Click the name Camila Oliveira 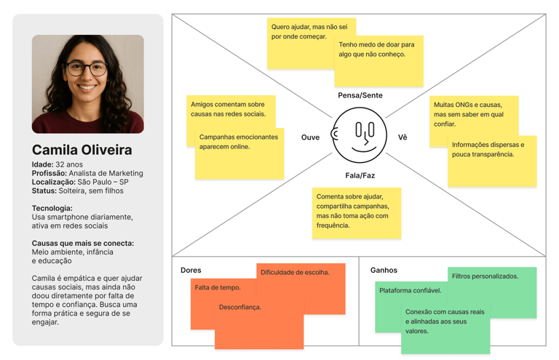[x=82, y=151]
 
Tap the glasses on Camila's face [x=87, y=69]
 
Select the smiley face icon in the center [x=360, y=135]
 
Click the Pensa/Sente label [x=360, y=95]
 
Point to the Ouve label [x=310, y=137]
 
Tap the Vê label [x=403, y=137]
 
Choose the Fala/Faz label [x=360, y=175]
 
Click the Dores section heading [x=191, y=271]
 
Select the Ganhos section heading [x=384, y=271]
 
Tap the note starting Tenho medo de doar [x=378, y=62]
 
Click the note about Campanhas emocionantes [x=238, y=153]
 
